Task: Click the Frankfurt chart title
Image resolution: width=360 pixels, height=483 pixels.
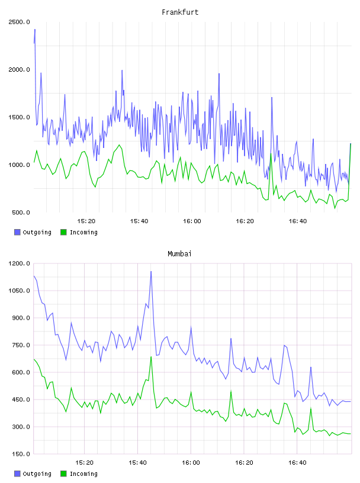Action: coord(180,12)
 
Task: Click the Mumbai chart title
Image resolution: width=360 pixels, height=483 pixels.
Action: coord(179,254)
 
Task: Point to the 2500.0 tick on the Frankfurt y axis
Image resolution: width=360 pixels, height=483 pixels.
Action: coord(19,22)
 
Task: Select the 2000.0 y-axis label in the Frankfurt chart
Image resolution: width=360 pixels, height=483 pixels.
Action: coord(19,70)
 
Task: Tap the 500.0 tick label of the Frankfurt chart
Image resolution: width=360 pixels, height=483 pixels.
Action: coord(21,212)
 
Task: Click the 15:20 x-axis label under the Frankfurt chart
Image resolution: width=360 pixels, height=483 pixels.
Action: coord(86,221)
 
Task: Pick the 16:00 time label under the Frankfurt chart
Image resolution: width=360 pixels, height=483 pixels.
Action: coord(192,221)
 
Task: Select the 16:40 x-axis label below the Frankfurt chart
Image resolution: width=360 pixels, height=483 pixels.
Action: coord(298,221)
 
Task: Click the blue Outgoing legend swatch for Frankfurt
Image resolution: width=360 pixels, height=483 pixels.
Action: coord(17,232)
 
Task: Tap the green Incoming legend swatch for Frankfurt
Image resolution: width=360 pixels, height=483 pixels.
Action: coord(63,232)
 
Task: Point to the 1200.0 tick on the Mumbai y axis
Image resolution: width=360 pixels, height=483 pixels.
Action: coord(19,263)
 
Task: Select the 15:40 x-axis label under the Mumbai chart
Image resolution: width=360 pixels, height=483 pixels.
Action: coord(137,463)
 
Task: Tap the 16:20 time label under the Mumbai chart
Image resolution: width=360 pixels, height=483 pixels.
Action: coord(244,463)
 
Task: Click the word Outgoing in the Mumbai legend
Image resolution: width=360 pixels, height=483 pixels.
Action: coord(37,474)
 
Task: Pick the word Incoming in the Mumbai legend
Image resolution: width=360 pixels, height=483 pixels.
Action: coord(83,474)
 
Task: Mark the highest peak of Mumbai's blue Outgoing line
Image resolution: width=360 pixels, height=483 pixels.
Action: coord(151,271)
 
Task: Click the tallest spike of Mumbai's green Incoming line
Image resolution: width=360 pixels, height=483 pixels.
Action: coord(151,357)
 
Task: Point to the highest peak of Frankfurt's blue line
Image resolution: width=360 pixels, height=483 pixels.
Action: coord(35,30)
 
